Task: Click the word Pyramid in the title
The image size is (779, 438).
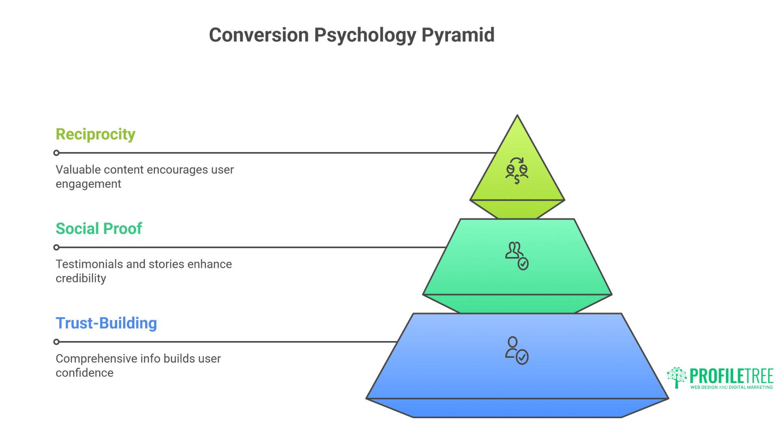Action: point(458,35)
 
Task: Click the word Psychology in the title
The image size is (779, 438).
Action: point(365,35)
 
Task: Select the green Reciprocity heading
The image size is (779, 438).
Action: point(95,134)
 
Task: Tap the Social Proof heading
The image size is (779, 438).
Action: point(99,229)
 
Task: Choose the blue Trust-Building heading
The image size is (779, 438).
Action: point(106,323)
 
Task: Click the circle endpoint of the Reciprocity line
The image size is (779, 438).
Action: point(56,153)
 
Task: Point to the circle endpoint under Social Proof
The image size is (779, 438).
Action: point(56,247)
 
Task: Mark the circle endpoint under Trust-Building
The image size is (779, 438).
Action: point(56,342)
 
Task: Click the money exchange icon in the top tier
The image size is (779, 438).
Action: point(516,171)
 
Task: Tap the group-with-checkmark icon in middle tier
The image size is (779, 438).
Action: point(516,255)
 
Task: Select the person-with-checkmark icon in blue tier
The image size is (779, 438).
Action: point(516,350)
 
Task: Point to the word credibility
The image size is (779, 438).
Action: point(81,279)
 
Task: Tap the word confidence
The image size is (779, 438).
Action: point(84,373)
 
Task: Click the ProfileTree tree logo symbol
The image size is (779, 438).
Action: point(677,377)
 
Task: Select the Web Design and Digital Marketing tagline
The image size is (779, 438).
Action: point(731,387)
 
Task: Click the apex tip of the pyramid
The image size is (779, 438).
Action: point(517,116)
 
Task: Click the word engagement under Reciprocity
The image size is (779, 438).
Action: point(88,184)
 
